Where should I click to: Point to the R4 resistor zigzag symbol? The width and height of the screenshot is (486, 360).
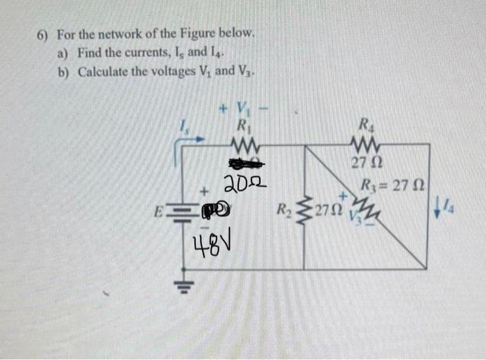[364, 146]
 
